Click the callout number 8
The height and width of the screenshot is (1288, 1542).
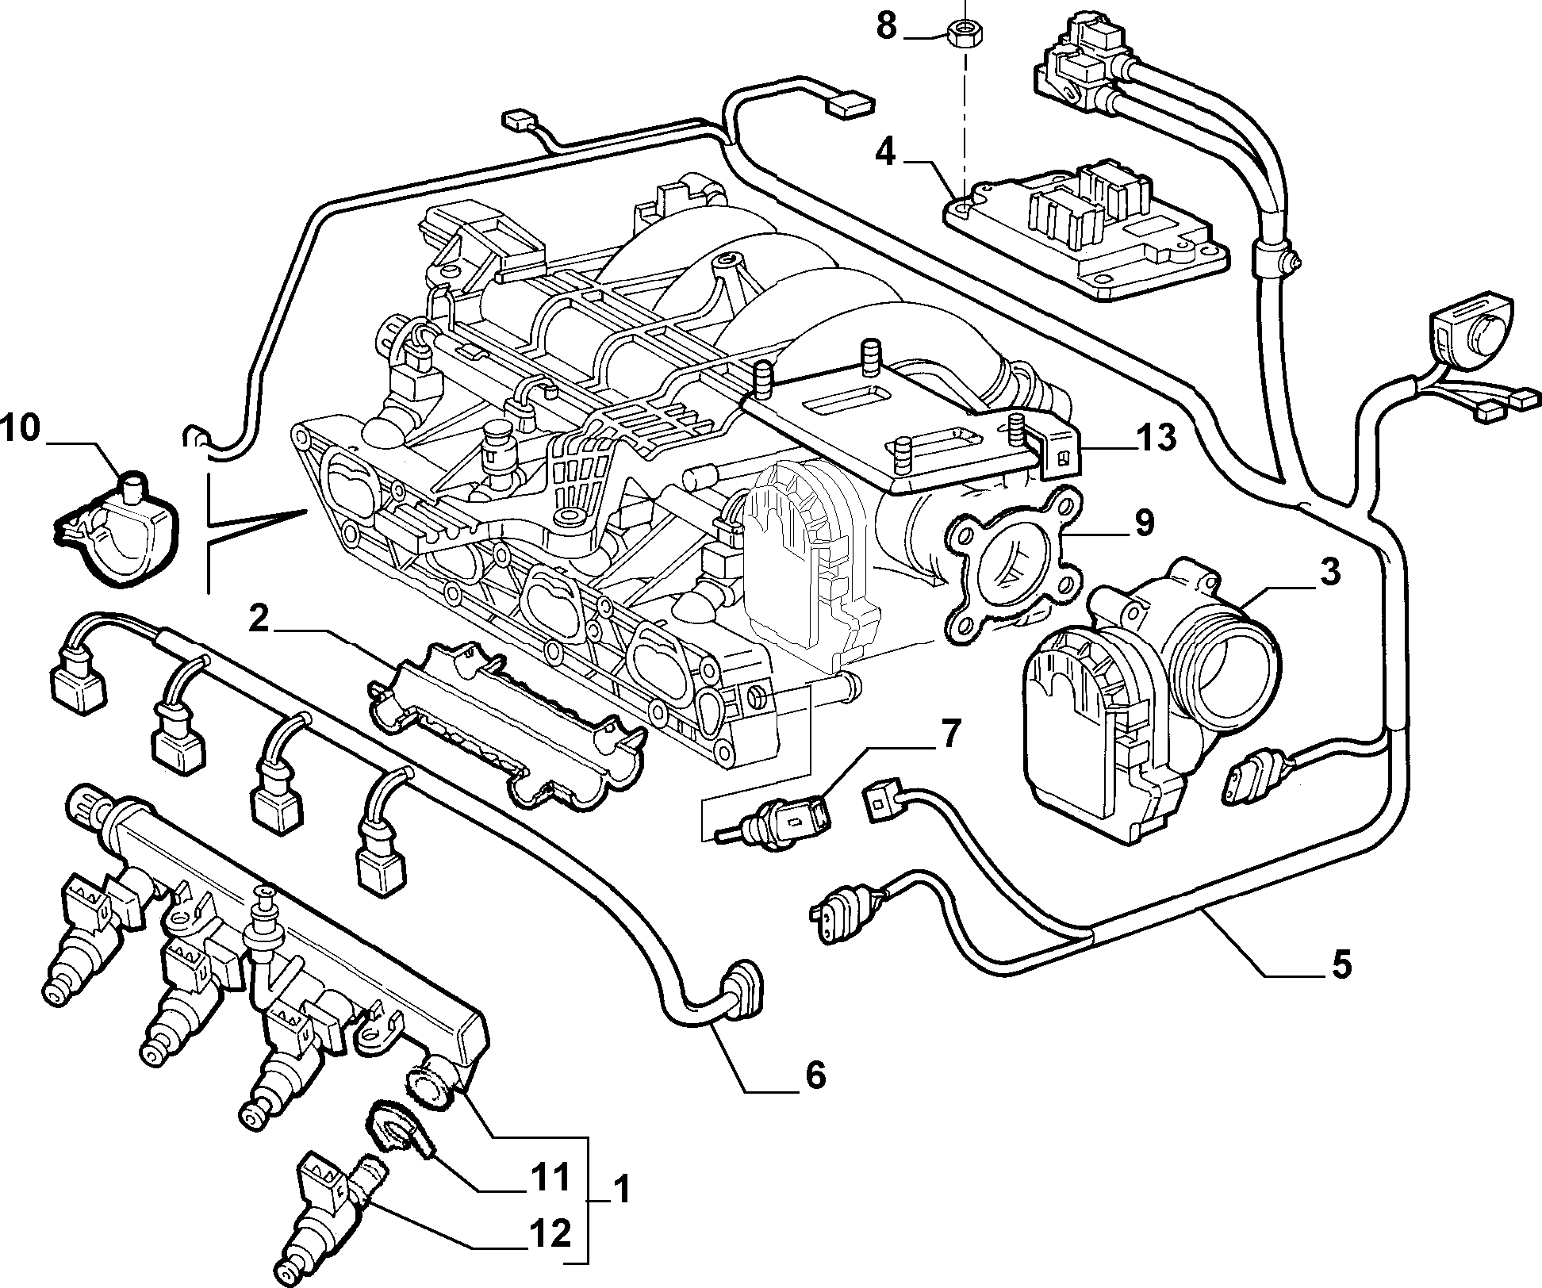pos(886,26)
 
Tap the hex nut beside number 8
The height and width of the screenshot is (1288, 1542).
pos(961,34)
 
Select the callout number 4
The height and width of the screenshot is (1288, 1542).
pos(885,152)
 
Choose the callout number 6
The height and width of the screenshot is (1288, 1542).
pos(814,1075)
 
